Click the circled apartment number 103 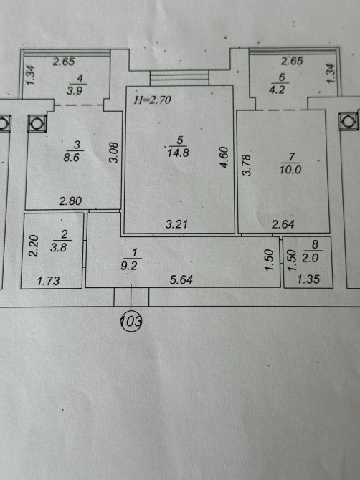point(131,322)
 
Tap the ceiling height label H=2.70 point(152,100)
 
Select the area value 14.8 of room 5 point(178,153)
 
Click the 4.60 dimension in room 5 point(224,158)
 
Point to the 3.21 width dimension point(176,224)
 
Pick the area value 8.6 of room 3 point(72,158)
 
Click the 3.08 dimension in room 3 point(114,153)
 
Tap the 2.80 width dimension point(70,201)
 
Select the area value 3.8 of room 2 point(59,247)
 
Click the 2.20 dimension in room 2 point(34,246)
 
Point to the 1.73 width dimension point(48,281)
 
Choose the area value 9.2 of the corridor point(129,265)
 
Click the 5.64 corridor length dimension point(181,279)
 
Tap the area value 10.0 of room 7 point(290,169)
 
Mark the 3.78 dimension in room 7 point(247,165)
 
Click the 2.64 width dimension point(283,224)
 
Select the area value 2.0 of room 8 point(310,258)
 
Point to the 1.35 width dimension point(308,279)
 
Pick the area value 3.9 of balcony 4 point(75,90)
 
